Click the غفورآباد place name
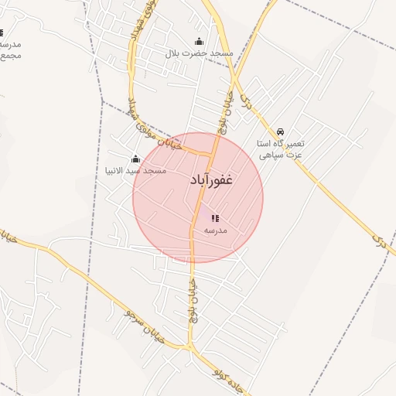pos(211,180)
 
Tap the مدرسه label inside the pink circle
pos(215,230)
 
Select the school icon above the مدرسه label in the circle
pos(215,219)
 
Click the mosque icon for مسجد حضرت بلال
pos(200,42)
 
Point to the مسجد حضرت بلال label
pos(200,53)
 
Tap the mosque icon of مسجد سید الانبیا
pos(136,159)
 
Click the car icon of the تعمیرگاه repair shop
pos(281,132)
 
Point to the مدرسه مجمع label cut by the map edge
pos(9,50)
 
